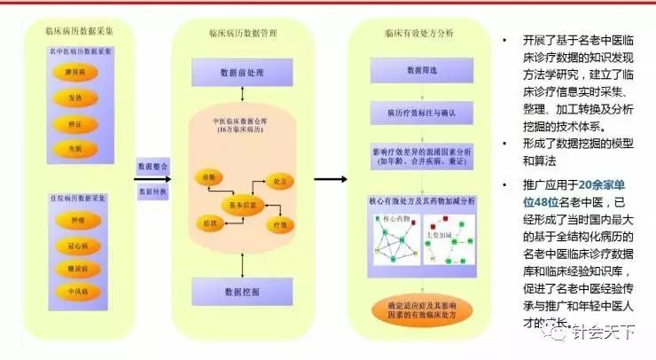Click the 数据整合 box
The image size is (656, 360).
pos(154,168)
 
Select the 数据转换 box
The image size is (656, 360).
pos(154,191)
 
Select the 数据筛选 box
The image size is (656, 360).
pos(420,69)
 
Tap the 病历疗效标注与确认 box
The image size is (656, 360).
pos(420,113)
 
